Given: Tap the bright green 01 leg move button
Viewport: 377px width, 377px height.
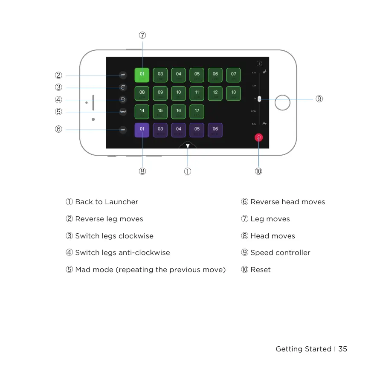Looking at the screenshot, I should tap(142, 75).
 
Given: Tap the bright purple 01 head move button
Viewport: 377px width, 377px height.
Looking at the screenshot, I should tap(142, 130).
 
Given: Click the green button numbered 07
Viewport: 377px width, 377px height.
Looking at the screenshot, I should tap(234, 75).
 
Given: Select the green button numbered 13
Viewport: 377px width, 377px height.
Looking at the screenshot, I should tap(234, 93).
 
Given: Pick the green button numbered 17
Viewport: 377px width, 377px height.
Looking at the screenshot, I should tap(197, 111).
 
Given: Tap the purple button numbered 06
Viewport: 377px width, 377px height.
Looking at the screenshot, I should tap(215, 130).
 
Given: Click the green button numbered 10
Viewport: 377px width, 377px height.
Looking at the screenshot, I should tap(179, 93).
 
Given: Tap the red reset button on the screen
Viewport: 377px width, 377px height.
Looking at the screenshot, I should tap(259, 137).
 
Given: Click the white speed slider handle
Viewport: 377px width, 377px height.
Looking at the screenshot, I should tap(259, 99).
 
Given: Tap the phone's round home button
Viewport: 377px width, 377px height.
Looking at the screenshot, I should tap(282, 102).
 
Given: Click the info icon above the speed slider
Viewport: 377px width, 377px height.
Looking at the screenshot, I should tap(259, 64).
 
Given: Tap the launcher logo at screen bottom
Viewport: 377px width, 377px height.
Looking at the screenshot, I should tap(188, 145).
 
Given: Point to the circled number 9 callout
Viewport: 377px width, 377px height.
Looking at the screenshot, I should tap(319, 99).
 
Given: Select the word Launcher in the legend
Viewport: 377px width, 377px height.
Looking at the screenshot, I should tap(122, 202).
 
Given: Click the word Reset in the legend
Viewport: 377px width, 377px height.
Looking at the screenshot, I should tap(261, 270).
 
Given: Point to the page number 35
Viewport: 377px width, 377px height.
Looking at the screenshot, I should tap(343, 349).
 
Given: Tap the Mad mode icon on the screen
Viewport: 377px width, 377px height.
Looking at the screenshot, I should tap(123, 112).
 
